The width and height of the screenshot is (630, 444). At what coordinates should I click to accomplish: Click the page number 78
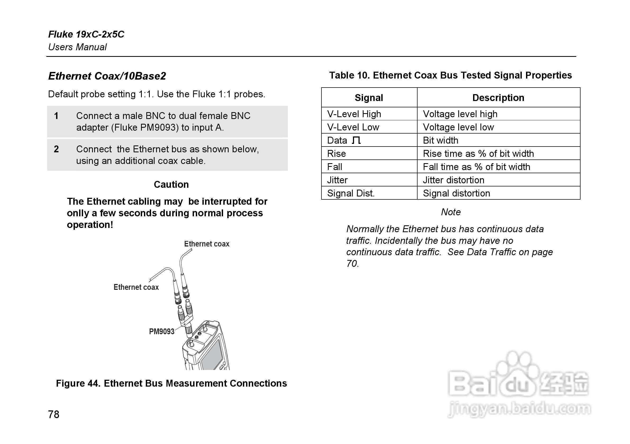pos(53,414)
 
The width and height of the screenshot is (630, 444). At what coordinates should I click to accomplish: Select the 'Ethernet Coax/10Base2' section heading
pos(107,76)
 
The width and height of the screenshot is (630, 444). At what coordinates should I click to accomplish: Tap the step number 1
pos(56,116)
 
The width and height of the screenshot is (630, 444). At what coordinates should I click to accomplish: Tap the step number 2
pos(56,149)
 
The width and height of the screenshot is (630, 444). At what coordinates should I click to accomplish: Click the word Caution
pos(171,185)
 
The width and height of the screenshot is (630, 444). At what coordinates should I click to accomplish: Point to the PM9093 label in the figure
pos(161,332)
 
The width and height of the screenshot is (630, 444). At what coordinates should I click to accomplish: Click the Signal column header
pos(369,98)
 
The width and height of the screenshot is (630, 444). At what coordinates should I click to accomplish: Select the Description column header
pos(498,98)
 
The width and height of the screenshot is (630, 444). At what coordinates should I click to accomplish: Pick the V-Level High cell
pos(354,114)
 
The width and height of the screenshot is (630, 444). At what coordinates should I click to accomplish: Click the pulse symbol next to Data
pos(356,140)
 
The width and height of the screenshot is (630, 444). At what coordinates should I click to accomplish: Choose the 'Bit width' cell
pos(440,140)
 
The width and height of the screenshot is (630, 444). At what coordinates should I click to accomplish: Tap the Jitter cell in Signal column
pos(337,180)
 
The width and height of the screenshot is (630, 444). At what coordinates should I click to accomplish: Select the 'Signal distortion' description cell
pos(456,193)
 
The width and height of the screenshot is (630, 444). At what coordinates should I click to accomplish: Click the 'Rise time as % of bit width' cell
pos(478,154)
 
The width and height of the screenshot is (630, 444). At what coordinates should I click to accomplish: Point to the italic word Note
pos(451,212)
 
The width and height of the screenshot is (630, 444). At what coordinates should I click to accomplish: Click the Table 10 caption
pos(451,75)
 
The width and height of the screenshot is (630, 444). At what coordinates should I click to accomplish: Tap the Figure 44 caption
pos(171,383)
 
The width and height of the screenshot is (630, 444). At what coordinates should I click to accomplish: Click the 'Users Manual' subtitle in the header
pos(77,47)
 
